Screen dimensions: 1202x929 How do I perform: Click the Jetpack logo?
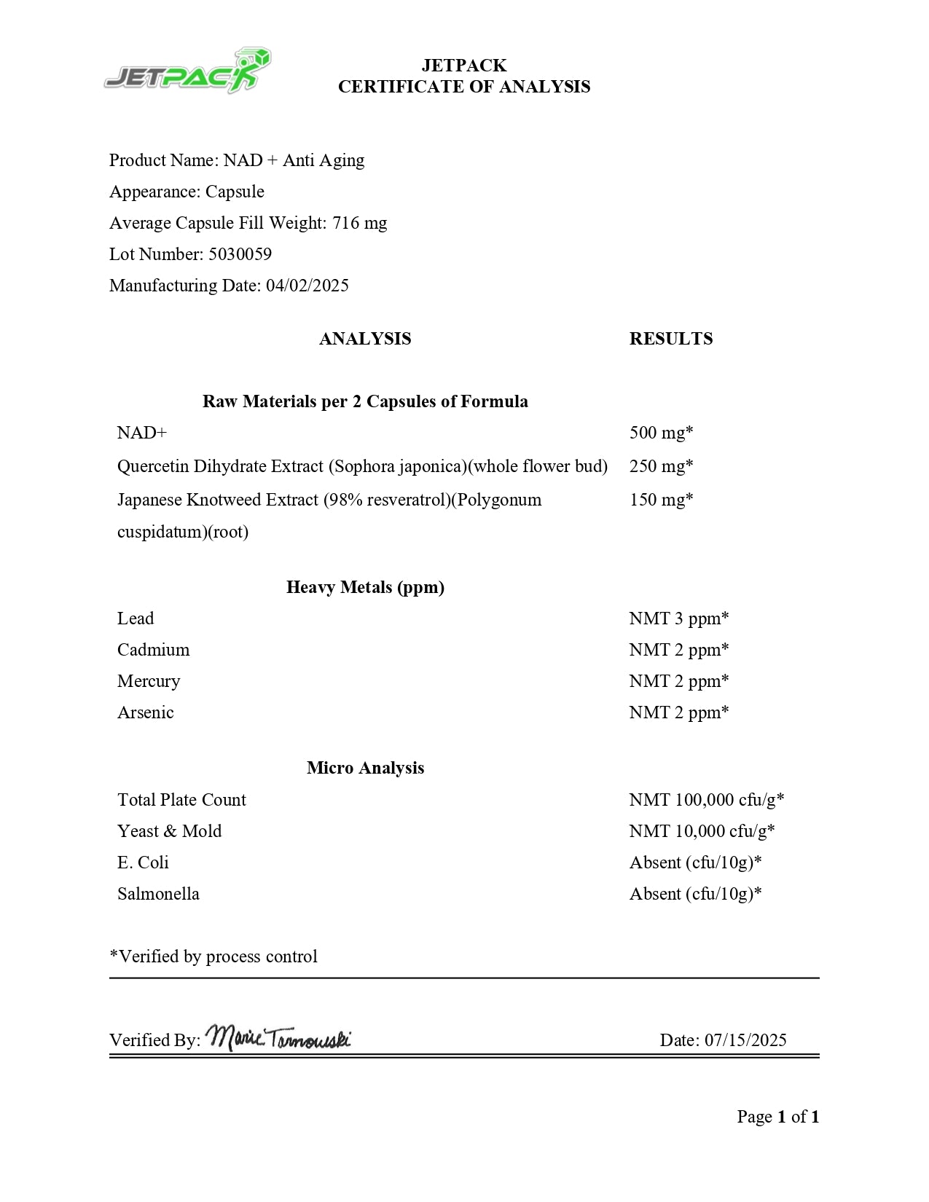tap(187, 71)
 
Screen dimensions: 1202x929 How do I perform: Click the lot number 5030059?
tap(240, 254)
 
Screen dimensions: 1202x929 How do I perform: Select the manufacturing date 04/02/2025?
tap(307, 286)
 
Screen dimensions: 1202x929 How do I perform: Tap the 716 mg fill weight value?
tap(360, 223)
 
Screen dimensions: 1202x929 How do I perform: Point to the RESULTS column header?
tap(670, 339)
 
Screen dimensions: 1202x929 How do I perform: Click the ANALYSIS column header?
tap(364, 339)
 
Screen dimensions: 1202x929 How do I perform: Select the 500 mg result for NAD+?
tap(661, 433)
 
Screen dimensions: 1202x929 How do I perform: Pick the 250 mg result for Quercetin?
tap(661, 466)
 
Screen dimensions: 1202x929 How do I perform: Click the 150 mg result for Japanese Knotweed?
tap(661, 500)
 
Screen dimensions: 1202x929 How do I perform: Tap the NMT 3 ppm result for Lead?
tap(678, 618)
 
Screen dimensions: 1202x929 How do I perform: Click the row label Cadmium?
tap(153, 650)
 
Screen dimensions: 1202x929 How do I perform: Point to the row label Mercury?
tap(149, 681)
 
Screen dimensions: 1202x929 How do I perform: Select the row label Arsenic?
tap(146, 712)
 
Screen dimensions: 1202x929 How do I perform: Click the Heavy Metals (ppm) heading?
tap(365, 587)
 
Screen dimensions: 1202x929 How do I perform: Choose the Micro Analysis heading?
tap(365, 768)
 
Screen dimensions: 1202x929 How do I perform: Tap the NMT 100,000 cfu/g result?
tap(706, 800)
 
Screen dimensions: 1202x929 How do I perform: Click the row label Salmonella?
tap(158, 894)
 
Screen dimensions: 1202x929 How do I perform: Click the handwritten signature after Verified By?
tap(278, 1037)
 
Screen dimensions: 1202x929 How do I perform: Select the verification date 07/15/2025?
tap(745, 1040)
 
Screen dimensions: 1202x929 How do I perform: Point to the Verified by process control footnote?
tap(213, 957)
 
